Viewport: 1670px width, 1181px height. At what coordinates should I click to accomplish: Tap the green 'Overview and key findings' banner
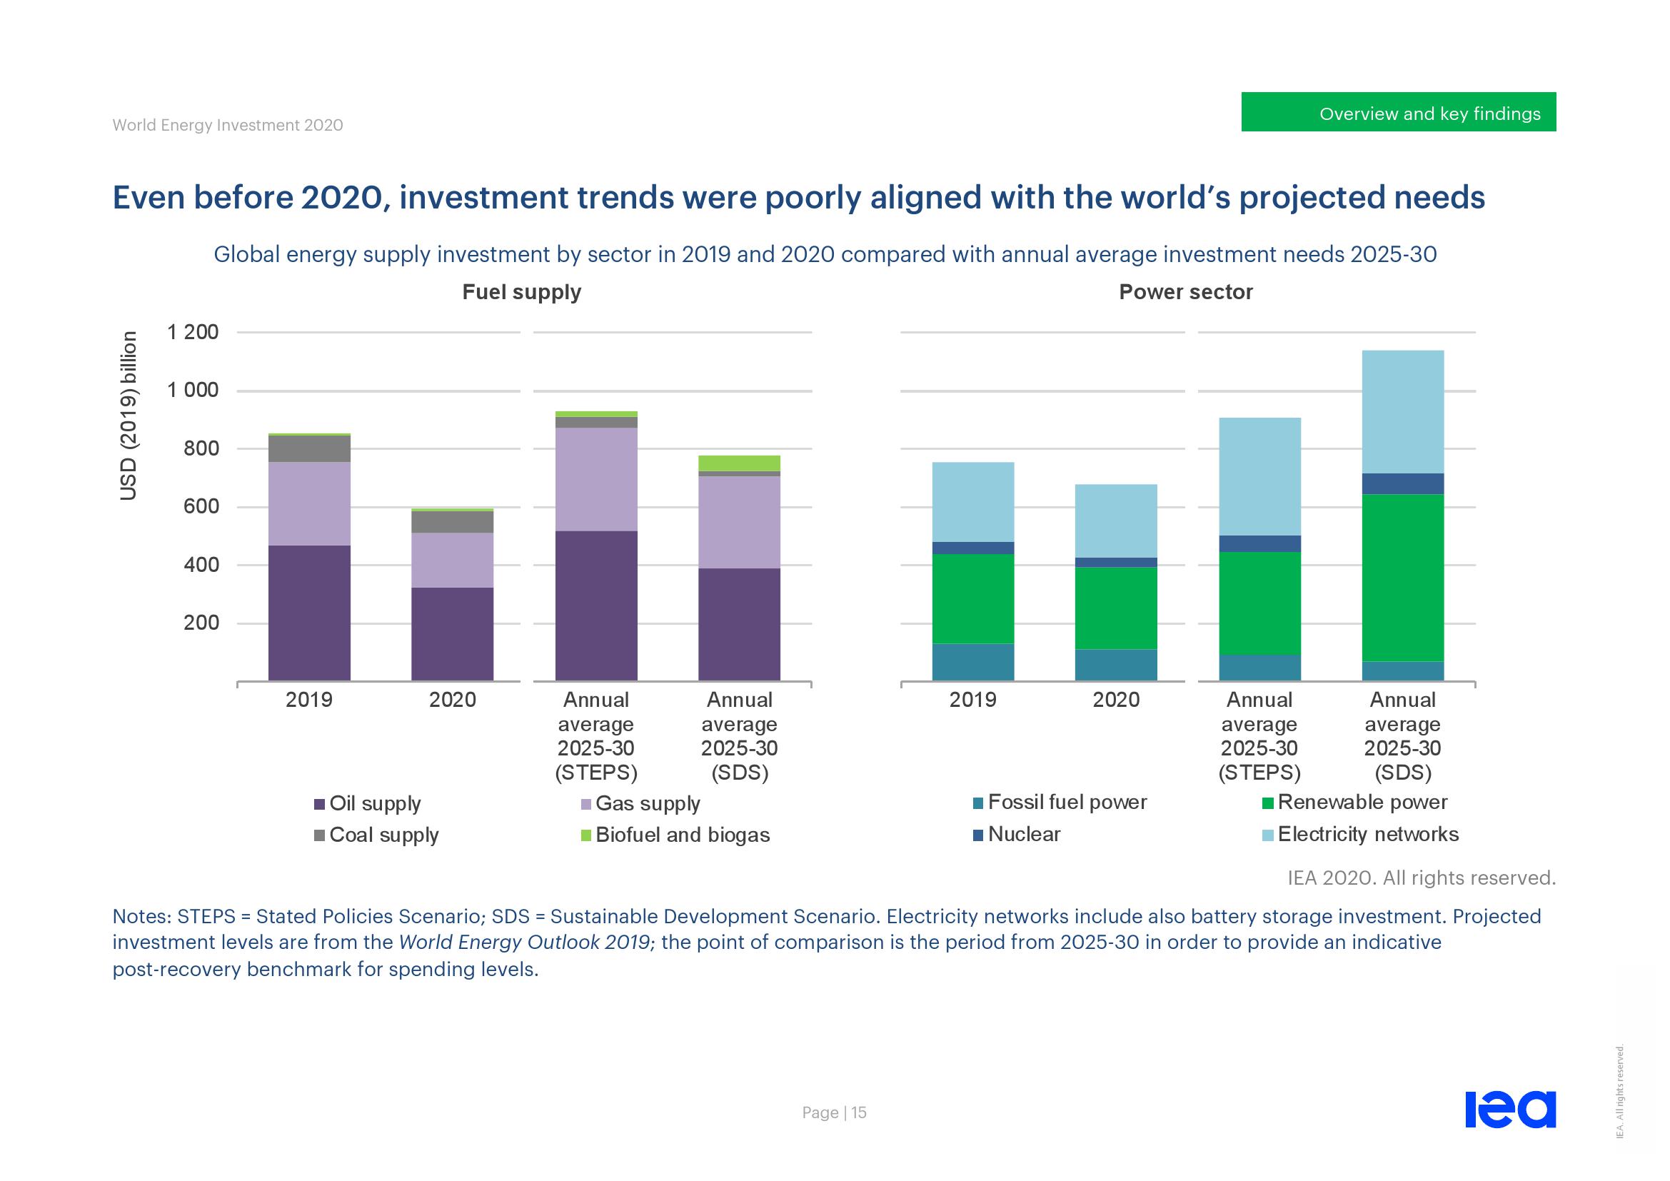click(1398, 113)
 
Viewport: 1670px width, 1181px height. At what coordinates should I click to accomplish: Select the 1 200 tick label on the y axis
click(193, 332)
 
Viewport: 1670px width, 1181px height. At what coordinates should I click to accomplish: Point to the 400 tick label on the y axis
click(201, 565)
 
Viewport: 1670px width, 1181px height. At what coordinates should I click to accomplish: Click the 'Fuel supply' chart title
click(521, 292)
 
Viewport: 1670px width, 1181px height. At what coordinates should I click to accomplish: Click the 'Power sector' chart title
click(1186, 292)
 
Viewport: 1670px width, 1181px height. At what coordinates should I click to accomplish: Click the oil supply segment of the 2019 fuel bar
click(309, 613)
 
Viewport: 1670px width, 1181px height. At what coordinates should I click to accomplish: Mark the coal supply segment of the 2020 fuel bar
click(453, 521)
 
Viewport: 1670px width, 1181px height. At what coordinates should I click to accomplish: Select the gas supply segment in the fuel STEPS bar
click(596, 478)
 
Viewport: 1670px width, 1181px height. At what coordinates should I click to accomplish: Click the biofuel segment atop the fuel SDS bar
click(739, 463)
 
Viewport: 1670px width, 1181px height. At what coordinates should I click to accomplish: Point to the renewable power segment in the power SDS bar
click(1402, 578)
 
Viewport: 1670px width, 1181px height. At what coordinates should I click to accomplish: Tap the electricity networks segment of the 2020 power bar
click(1116, 521)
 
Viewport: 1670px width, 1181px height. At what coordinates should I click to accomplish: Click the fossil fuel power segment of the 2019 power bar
click(973, 662)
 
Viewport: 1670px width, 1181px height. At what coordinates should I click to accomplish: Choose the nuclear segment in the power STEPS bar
click(1259, 544)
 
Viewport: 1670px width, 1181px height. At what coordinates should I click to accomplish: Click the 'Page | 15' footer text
click(834, 1112)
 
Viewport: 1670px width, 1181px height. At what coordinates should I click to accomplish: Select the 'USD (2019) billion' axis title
click(129, 416)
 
